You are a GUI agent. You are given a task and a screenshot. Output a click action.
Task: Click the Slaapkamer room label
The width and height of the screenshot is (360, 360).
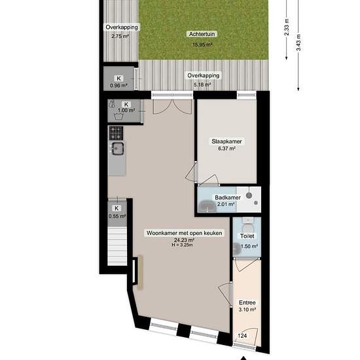[226, 141]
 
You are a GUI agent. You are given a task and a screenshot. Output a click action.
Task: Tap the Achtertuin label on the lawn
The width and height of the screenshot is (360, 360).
[202, 34]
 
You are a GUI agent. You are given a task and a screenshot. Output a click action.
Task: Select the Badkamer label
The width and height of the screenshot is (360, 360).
[225, 198]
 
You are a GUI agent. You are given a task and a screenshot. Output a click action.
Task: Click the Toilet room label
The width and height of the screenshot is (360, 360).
[247, 236]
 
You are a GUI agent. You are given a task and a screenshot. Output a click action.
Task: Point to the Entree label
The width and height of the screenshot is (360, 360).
[247, 302]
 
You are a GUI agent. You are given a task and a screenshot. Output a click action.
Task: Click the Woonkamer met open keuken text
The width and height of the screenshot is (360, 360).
[185, 233]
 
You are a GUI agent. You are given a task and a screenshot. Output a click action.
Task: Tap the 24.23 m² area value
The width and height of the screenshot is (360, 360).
[184, 240]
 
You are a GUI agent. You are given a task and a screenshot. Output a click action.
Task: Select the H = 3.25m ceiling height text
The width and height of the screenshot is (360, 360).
[183, 245]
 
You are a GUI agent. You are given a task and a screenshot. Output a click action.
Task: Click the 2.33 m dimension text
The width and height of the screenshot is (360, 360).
[287, 27]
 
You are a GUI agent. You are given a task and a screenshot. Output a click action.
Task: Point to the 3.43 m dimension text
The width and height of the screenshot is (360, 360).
[298, 43]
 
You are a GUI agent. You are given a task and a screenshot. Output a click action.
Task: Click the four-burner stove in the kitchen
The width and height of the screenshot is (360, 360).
[116, 133]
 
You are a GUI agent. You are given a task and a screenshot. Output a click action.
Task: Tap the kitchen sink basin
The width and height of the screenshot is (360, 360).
[118, 149]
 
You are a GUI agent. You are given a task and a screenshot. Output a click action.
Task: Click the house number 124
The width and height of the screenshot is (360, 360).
[242, 336]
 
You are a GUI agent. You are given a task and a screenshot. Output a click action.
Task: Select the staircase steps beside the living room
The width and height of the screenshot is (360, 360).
[117, 246]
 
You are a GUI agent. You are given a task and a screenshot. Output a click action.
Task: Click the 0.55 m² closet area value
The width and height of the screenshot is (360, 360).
[117, 216]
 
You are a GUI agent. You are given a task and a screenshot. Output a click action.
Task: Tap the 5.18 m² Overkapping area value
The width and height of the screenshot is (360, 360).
[202, 84]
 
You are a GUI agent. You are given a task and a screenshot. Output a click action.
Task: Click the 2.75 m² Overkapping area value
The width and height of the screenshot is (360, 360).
[120, 36]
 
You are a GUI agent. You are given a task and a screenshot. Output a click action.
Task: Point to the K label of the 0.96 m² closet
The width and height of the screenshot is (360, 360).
[118, 79]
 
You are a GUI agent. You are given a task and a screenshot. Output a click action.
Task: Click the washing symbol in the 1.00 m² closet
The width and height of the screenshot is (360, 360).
[118, 117]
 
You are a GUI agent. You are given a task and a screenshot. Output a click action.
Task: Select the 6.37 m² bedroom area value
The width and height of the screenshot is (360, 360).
[226, 149]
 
